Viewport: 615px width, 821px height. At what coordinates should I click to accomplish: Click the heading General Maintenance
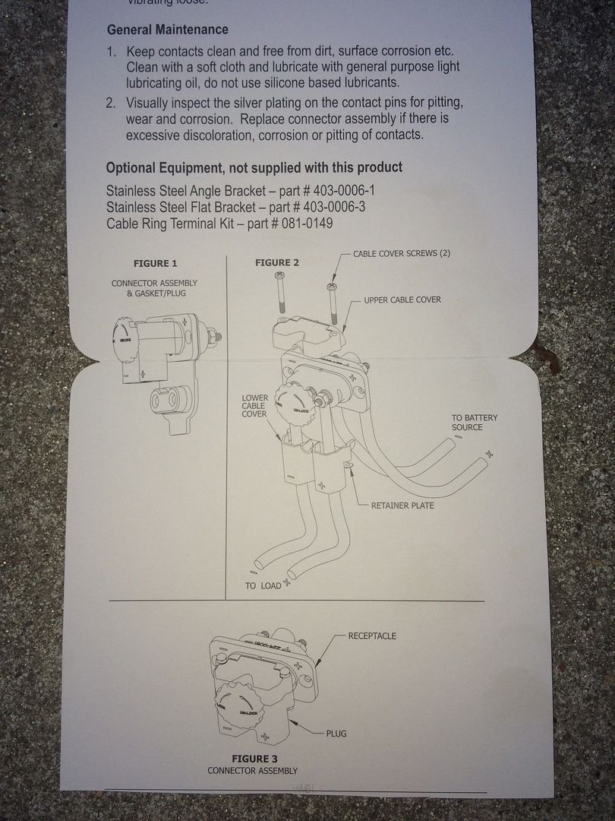167,30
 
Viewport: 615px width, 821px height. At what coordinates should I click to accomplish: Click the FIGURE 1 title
155,264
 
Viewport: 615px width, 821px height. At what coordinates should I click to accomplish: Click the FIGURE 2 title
276,263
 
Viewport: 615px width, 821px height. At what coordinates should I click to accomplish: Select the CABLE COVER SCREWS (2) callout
401,253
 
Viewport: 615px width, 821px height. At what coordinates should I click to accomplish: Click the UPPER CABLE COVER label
402,300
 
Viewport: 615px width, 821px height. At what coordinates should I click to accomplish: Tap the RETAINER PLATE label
402,505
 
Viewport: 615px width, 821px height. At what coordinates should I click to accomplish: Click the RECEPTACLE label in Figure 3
372,636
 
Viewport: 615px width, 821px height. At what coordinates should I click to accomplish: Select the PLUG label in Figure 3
335,734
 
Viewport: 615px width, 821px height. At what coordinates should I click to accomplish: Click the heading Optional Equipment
254,167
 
